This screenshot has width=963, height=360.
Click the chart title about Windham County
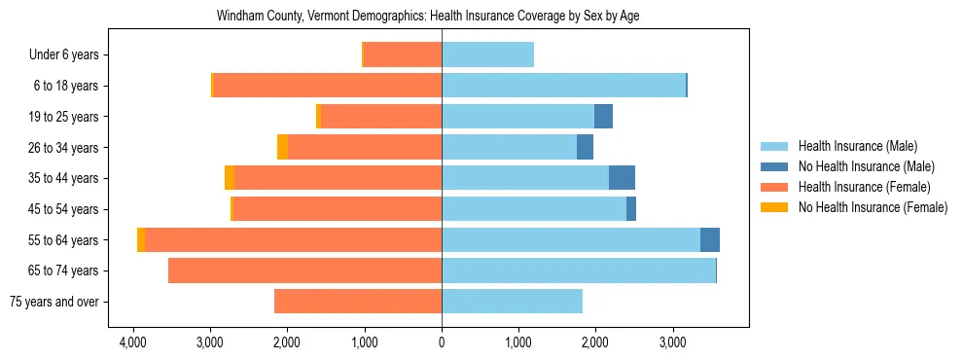441,17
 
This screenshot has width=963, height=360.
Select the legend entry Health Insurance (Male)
857,146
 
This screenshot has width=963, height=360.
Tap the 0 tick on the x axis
442,342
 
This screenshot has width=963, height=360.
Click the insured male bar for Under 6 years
487,55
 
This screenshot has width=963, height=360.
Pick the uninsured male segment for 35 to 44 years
622,178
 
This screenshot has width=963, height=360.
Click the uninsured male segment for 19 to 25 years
603,117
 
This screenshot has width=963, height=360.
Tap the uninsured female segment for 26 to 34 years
282,148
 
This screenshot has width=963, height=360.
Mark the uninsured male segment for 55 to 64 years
710,240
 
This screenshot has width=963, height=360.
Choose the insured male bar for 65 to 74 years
579,270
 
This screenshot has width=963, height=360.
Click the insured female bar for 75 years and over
358,302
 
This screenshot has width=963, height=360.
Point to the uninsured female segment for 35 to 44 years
230,178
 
